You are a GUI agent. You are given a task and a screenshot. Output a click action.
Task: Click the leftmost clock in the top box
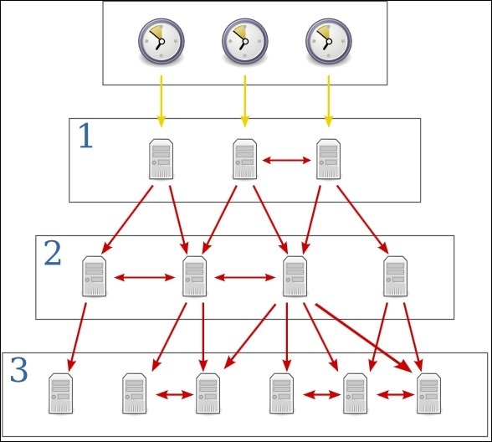161,41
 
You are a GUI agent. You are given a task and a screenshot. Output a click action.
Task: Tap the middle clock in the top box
245,41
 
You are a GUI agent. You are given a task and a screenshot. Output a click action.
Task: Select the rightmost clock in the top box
329,41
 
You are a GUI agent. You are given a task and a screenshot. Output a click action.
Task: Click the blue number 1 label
86,136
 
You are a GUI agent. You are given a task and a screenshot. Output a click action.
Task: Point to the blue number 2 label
53,253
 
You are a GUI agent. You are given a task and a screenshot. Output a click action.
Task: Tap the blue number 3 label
18,370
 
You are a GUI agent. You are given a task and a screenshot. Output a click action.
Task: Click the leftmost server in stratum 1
161,159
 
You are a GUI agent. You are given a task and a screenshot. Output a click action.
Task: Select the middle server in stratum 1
244,159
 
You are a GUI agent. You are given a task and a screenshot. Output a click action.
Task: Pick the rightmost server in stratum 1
329,159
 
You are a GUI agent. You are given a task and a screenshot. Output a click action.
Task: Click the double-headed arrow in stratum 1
286,161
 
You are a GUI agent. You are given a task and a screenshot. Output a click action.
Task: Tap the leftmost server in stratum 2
94,276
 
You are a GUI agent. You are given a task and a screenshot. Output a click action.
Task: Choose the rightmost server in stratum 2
395,276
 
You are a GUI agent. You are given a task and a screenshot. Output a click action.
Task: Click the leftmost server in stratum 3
61,393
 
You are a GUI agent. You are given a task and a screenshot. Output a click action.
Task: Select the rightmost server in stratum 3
429,393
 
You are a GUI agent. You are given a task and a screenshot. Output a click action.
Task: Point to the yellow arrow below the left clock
161,101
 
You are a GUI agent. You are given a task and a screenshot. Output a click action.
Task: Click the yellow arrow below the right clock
329,101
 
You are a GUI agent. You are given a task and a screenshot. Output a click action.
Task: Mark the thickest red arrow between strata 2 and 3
364,338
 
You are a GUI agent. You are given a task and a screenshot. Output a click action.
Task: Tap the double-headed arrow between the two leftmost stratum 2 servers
144,278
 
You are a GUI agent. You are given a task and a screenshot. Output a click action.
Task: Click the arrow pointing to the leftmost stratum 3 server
77,337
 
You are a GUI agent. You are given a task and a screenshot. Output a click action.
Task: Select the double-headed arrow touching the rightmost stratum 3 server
395,394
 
